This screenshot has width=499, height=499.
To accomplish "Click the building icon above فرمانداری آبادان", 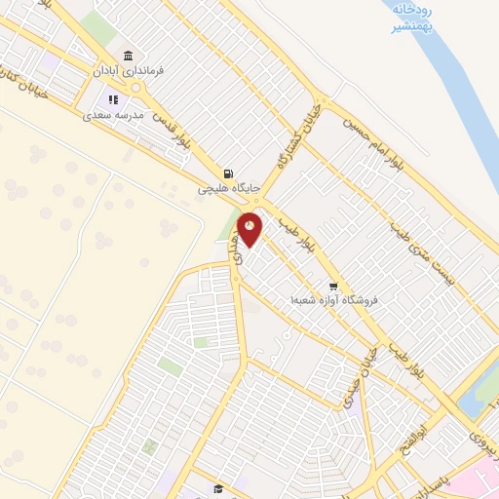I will point(129,55).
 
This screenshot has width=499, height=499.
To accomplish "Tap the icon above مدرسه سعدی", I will point(113,99).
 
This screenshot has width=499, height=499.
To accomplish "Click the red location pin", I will point(250,229).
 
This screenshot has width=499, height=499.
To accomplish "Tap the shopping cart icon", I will point(333,287).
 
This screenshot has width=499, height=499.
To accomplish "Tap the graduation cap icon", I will point(219,488).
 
